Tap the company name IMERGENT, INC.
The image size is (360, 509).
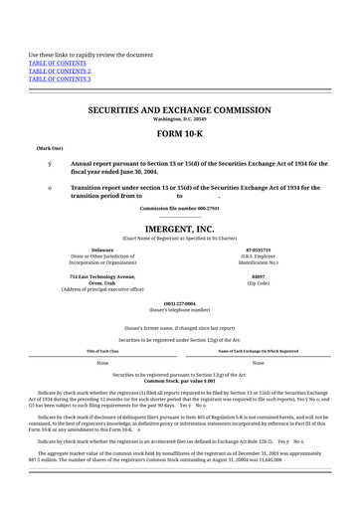pyautogui.click(x=180, y=228)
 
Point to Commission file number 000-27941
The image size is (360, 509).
pyautogui.click(x=180, y=208)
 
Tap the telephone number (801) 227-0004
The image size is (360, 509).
pyautogui.click(x=180, y=303)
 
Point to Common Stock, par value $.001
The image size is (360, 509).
pyautogui.click(x=180, y=381)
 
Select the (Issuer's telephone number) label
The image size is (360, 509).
pyautogui.click(x=180, y=309)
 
